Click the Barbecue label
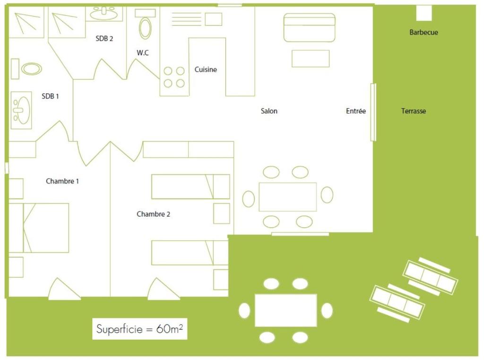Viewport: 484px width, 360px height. pyautogui.click(x=423, y=32)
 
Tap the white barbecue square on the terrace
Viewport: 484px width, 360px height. pyautogui.click(x=424, y=13)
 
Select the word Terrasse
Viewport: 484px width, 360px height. pyautogui.click(x=413, y=111)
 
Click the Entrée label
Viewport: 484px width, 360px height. pyautogui.click(x=356, y=111)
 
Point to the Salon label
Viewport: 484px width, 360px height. pyautogui.click(x=269, y=111)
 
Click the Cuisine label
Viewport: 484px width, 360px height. pyautogui.click(x=206, y=70)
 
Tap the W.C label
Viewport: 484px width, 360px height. pyautogui.click(x=143, y=53)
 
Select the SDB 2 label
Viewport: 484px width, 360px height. pyautogui.click(x=104, y=39)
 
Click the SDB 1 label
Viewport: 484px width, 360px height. pyautogui.click(x=50, y=97)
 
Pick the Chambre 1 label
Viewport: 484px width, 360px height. pyautogui.click(x=62, y=181)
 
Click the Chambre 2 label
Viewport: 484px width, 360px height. pyautogui.click(x=154, y=214)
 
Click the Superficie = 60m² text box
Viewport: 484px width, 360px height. pyautogui.click(x=139, y=329)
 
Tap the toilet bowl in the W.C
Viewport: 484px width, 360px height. pyautogui.click(x=145, y=28)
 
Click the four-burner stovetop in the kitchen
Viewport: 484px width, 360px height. pyautogui.click(x=174, y=77)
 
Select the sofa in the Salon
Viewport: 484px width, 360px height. pyautogui.click(x=309, y=27)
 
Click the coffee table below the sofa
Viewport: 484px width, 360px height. pyautogui.click(x=311, y=58)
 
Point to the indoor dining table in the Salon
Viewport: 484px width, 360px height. pyautogui.click(x=288, y=197)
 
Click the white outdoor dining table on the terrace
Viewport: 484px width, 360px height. pyautogui.click(x=286, y=310)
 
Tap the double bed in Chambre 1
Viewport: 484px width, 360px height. pyautogui.click(x=39, y=228)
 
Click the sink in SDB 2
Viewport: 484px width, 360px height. pyautogui.click(x=104, y=13)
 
